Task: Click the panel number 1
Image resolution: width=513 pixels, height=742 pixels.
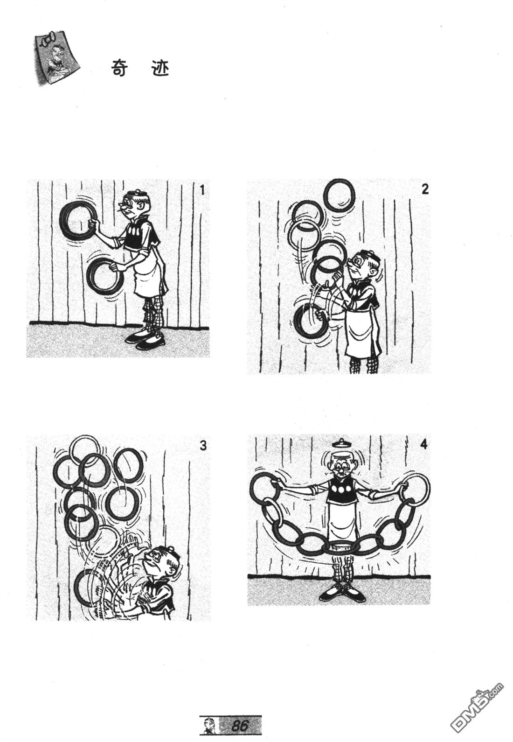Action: point(202,190)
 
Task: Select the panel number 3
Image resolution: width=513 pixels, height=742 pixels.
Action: point(203,446)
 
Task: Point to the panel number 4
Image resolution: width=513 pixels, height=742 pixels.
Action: point(423,444)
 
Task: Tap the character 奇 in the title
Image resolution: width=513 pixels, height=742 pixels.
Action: point(119,68)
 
